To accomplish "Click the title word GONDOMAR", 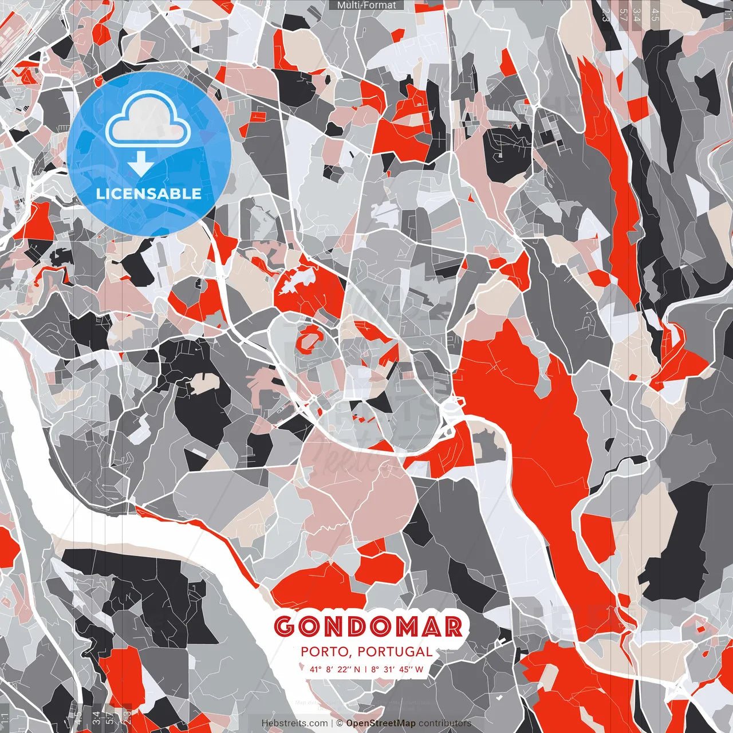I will pyautogui.click(x=368, y=626).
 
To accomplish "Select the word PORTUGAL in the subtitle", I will pyautogui.click(x=395, y=652).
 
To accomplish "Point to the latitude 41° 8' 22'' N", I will pyautogui.click(x=335, y=669).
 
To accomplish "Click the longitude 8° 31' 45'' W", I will pyautogui.click(x=397, y=669).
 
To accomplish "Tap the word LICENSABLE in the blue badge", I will pyautogui.click(x=148, y=194).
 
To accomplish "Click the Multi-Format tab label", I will pyautogui.click(x=366, y=5).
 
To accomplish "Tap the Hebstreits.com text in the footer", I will pyautogui.click(x=295, y=723).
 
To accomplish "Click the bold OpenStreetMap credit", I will pyautogui.click(x=381, y=723).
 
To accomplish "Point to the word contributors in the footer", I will pyautogui.click(x=444, y=723).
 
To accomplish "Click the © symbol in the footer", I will pyautogui.click(x=340, y=723).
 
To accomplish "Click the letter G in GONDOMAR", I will pyautogui.click(x=285, y=626).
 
